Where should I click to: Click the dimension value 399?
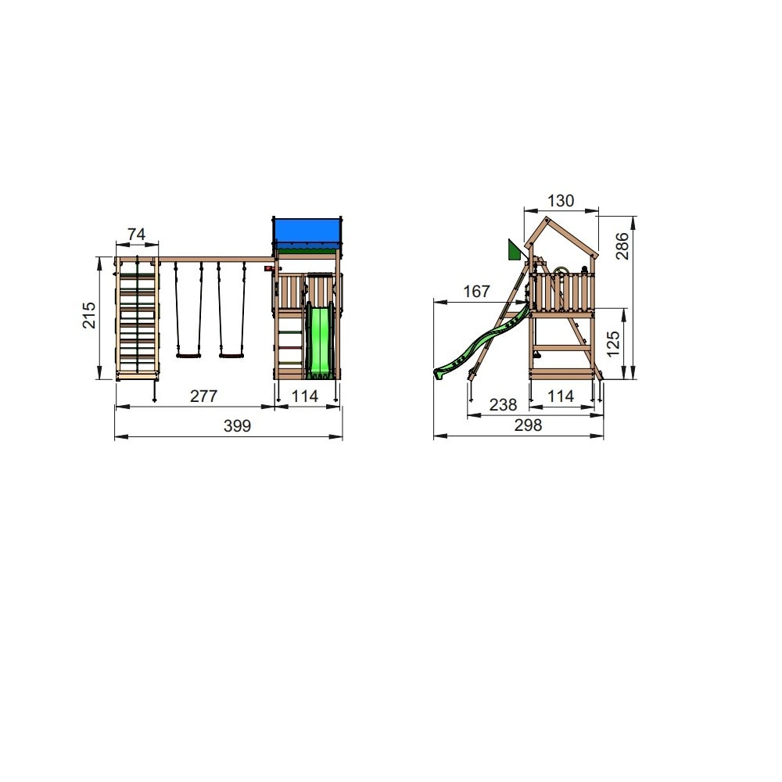point(237,426)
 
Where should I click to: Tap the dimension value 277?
point(203,396)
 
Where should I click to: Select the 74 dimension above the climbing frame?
point(136,234)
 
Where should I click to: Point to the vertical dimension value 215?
point(89,314)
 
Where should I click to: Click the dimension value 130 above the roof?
point(561,200)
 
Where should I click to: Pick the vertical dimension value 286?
point(622,246)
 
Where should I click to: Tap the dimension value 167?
point(476,291)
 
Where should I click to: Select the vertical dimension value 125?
point(613,343)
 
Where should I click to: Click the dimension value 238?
point(503,404)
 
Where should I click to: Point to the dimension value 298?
point(528,425)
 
